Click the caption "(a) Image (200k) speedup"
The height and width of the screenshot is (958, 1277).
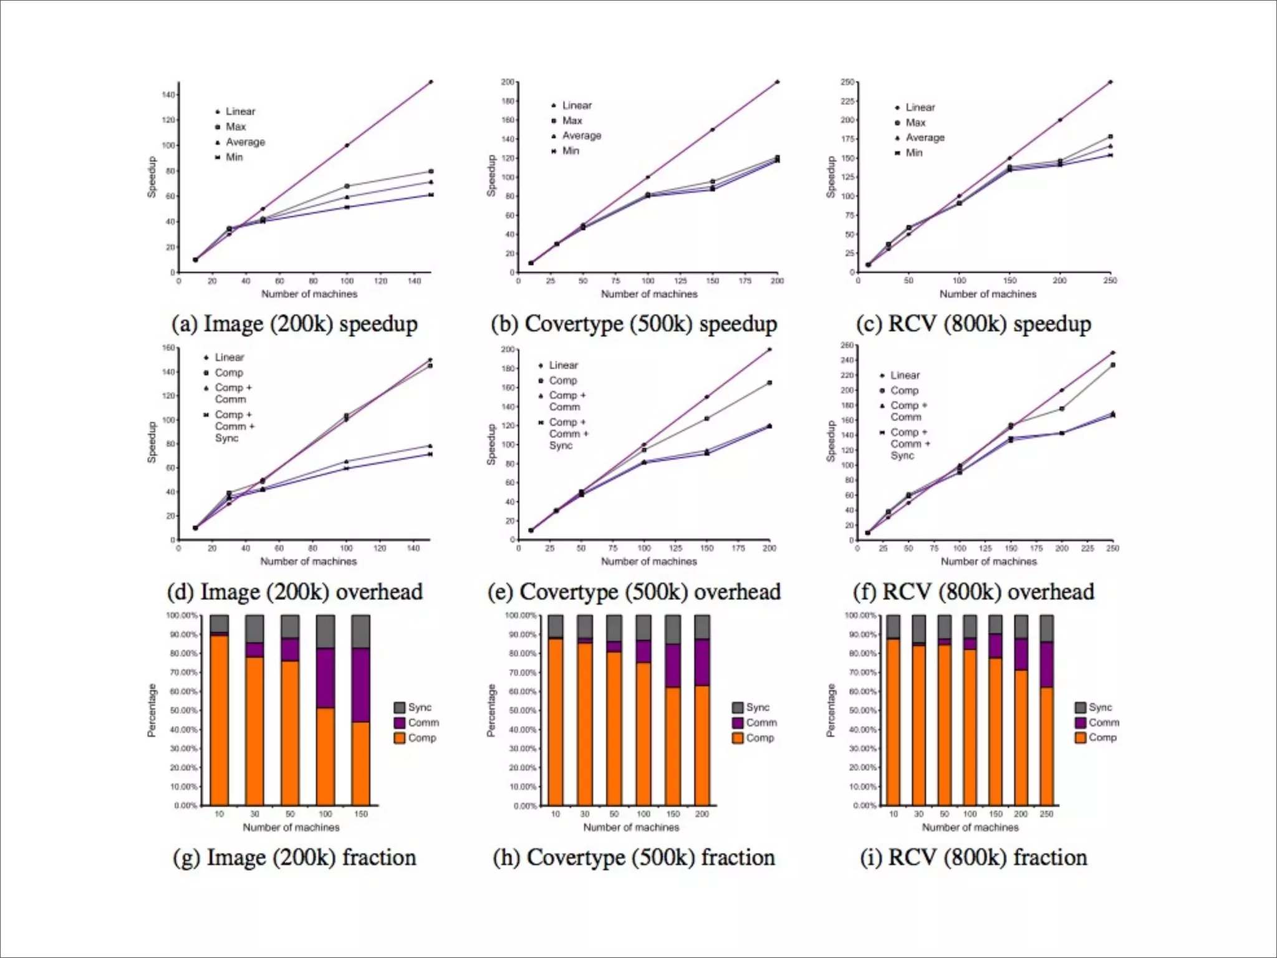tap(294, 324)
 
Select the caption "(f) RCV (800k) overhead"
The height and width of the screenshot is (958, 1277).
tap(973, 592)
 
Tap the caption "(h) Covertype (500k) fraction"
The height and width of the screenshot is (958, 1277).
tap(634, 858)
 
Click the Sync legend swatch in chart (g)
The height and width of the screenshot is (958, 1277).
tap(400, 707)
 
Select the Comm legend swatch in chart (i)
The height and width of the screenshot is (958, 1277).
tap(1081, 722)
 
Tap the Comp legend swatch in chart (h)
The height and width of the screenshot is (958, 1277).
tap(738, 738)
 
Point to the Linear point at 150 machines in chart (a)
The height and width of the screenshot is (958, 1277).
tap(431, 82)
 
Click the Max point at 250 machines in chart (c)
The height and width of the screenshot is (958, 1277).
tap(1111, 137)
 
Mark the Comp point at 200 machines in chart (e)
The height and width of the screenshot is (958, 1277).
tap(769, 382)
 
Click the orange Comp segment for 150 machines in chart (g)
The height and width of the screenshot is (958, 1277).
tap(361, 763)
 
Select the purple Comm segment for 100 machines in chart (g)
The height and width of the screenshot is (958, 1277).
tap(325, 678)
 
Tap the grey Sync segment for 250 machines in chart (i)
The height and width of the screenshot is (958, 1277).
tap(1046, 628)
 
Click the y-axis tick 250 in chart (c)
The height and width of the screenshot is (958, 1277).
tap(847, 82)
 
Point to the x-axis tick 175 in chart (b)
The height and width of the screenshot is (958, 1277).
tap(745, 281)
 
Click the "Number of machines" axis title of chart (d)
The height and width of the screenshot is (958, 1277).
tap(309, 561)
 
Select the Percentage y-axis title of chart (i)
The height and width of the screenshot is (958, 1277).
tap(831, 710)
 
